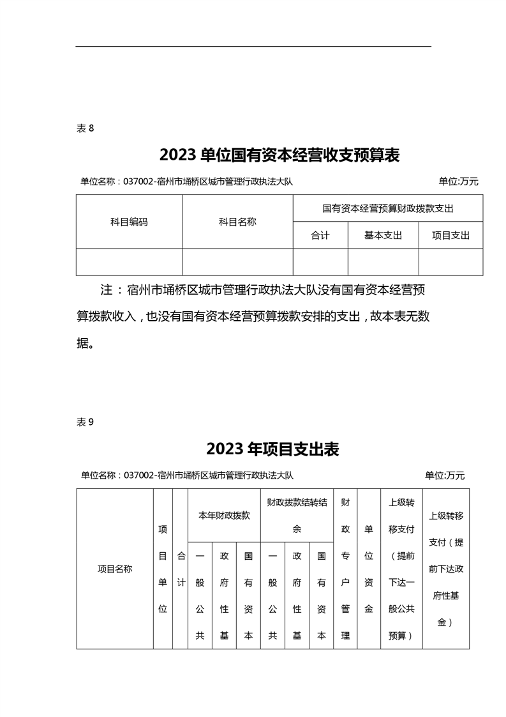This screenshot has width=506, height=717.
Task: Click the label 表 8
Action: (85, 128)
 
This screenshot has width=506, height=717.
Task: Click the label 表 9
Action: (85, 422)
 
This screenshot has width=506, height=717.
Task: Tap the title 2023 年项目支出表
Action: (272, 449)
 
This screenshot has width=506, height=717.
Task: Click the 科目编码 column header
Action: (129, 222)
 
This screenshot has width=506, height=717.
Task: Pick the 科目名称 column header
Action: (237, 222)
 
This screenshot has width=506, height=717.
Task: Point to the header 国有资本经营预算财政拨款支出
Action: (387, 208)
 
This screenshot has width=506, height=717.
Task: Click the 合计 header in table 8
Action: (320, 235)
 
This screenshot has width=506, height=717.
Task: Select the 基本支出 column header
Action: (383, 235)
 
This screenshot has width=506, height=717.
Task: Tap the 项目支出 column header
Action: (450, 235)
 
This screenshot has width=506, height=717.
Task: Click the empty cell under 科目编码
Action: (129, 262)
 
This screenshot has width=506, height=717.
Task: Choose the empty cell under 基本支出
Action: (383, 262)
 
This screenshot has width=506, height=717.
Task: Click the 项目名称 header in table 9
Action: (115, 569)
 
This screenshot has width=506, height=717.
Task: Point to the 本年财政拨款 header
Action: (223, 515)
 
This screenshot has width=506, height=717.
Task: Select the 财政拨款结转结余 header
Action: (297, 515)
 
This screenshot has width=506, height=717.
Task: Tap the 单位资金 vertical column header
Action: (368, 569)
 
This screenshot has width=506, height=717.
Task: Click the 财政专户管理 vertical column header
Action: (345, 569)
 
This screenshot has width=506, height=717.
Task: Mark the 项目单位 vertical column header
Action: (163, 569)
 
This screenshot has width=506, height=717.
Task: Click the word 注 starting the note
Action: (107, 290)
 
